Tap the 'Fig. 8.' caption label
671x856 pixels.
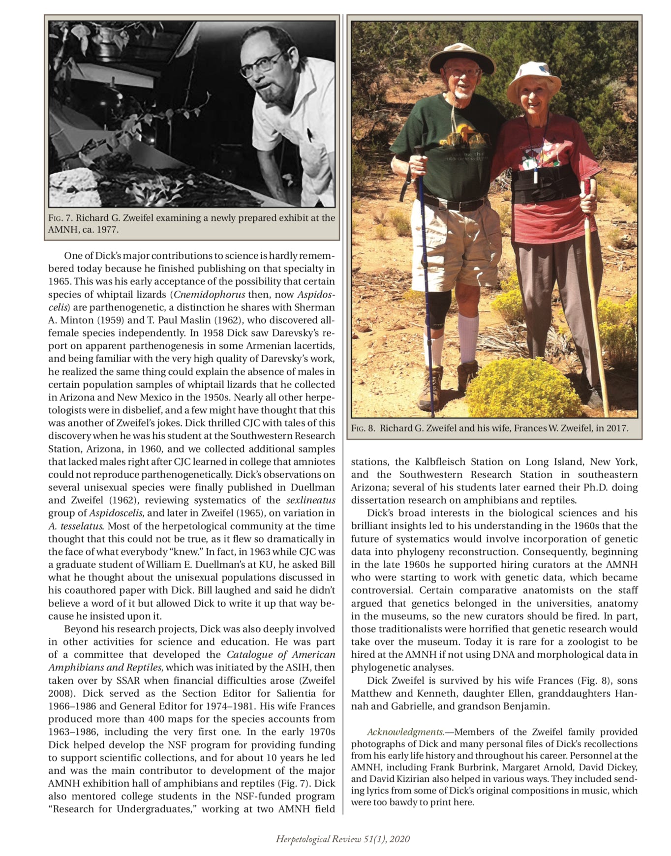pyautogui.click(x=364, y=428)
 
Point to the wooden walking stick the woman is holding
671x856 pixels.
pyautogui.click(x=595, y=295)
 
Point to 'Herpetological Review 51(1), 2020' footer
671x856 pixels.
pyautogui.click(x=342, y=839)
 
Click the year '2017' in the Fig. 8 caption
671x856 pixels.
pyautogui.click(x=618, y=428)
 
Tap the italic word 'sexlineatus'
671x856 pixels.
pyautogui.click(x=311, y=500)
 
